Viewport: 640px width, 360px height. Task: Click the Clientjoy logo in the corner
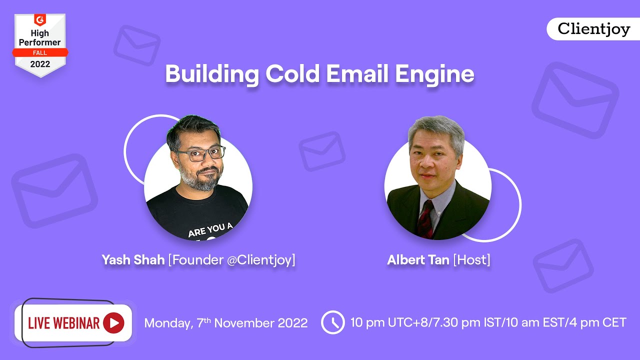click(593, 29)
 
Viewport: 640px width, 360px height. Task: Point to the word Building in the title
click(212, 74)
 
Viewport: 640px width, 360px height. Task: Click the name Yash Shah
click(133, 260)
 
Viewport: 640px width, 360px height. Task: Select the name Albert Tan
click(418, 260)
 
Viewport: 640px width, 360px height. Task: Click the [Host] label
click(471, 260)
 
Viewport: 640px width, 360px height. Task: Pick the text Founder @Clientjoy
click(232, 260)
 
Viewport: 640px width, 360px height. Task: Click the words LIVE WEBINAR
click(63, 323)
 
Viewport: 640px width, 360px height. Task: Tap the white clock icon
click(332, 322)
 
